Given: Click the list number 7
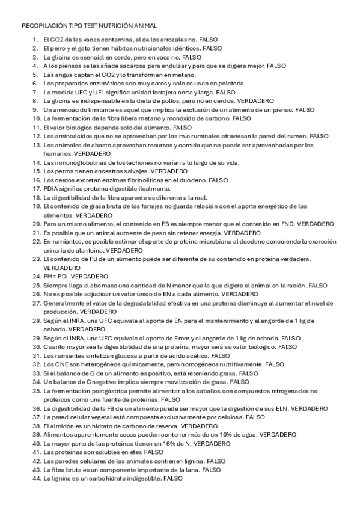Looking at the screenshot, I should point(35,93).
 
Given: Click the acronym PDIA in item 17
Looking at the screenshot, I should point(51,189).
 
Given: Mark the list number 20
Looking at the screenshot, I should point(34,224).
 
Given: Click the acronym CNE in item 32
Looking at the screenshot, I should point(60,364).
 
